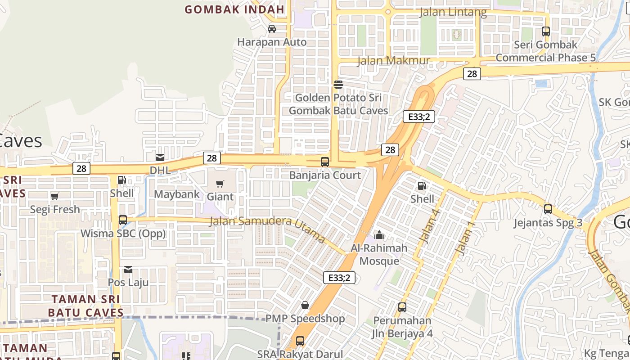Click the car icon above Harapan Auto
pyautogui.click(x=272, y=29)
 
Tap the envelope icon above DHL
pyautogui.click(x=160, y=157)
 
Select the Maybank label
pyautogui.click(x=176, y=194)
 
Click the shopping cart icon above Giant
pyautogui.click(x=220, y=184)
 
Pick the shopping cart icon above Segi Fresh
pyautogui.click(x=55, y=196)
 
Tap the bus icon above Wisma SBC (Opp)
pyautogui.click(x=123, y=220)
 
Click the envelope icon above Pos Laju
pyautogui.click(x=128, y=270)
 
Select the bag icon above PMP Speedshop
pyautogui.click(x=305, y=305)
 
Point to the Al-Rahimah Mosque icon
pyautogui.click(x=379, y=235)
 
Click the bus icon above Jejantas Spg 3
pyautogui.click(x=548, y=209)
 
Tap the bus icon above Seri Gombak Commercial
pyautogui.click(x=546, y=31)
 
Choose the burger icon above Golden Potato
pyautogui.click(x=338, y=84)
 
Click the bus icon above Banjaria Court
pyautogui.click(x=325, y=162)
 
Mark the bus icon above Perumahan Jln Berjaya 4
pyautogui.click(x=402, y=307)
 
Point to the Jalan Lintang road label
pyautogui.click(x=453, y=12)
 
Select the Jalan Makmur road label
pyautogui.click(x=393, y=60)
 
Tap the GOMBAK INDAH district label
pyautogui.click(x=234, y=9)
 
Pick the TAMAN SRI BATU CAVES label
pyautogui.click(x=85, y=306)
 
